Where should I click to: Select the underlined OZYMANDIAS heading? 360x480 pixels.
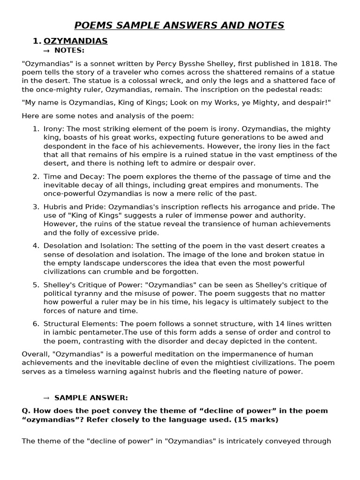75,41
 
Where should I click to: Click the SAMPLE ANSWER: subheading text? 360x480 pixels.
91,398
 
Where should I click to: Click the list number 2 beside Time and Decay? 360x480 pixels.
36,177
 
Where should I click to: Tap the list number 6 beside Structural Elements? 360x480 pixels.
36,324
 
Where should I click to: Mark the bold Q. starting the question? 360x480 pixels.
26,411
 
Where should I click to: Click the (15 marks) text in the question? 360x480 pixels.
257,420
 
